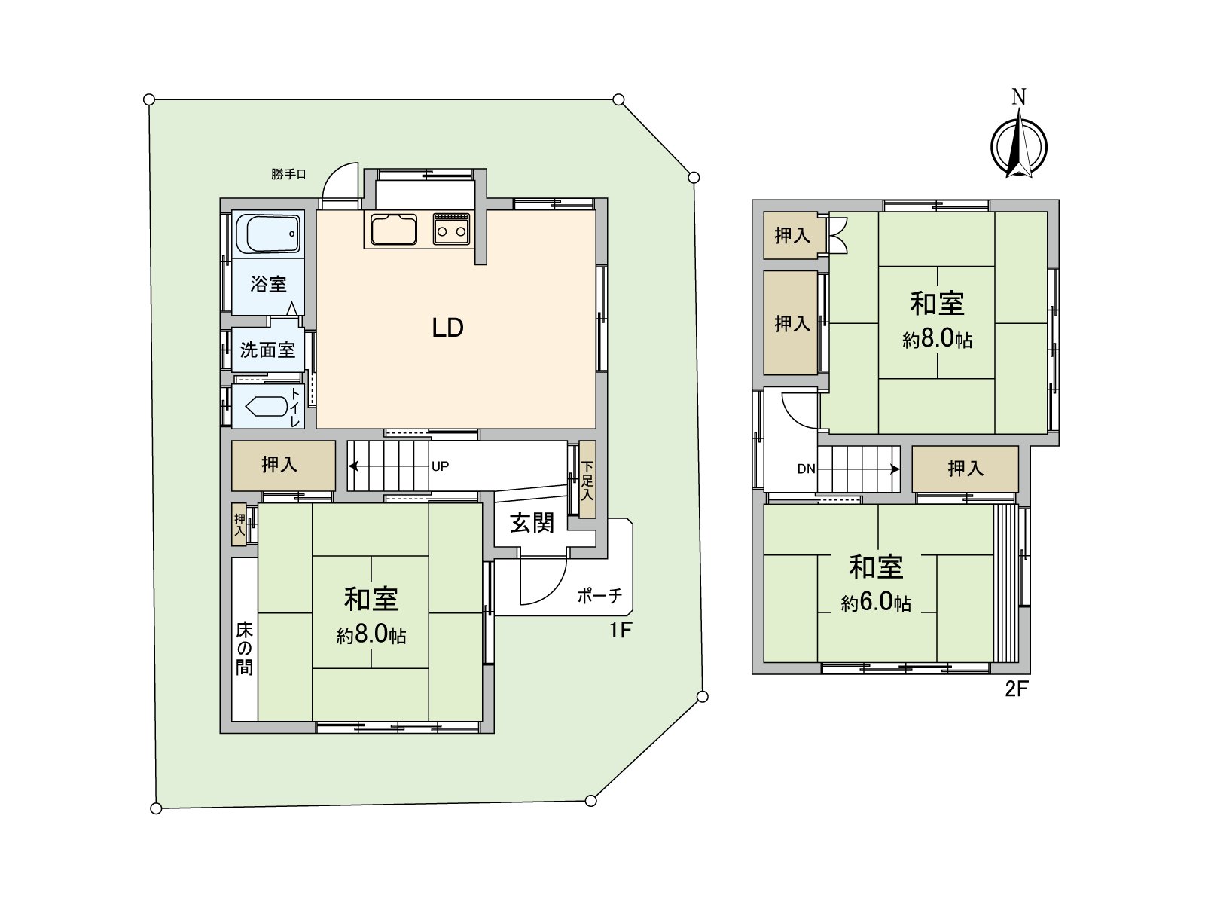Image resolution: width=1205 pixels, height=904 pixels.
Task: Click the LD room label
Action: click(x=447, y=328)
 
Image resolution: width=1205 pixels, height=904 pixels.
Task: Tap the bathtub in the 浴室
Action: click(x=267, y=234)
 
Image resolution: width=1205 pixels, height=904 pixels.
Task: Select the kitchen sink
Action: click(x=392, y=229)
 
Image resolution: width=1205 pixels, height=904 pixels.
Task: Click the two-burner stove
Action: click(x=452, y=228)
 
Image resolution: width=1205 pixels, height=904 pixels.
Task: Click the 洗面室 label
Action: click(x=267, y=350)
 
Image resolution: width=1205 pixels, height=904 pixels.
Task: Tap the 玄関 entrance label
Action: click(x=532, y=523)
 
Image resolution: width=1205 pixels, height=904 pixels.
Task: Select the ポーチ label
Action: click(x=599, y=596)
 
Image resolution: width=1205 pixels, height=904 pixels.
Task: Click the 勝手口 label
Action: click(x=289, y=174)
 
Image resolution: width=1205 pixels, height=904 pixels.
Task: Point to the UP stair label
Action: click(x=441, y=466)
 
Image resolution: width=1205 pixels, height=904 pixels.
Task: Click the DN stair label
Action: click(x=806, y=469)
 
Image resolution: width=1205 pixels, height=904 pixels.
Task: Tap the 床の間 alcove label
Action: click(x=244, y=649)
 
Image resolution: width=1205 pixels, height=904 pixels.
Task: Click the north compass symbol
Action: click(x=1018, y=143)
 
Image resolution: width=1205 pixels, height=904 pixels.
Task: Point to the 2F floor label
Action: click(x=1016, y=689)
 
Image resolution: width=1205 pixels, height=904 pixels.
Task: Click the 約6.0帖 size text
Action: click(x=876, y=603)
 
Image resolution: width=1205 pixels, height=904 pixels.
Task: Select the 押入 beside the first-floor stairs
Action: click(x=279, y=465)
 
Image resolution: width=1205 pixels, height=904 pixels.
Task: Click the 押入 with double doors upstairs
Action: click(x=792, y=236)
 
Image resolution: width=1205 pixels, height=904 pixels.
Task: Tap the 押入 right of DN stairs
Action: click(x=966, y=469)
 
